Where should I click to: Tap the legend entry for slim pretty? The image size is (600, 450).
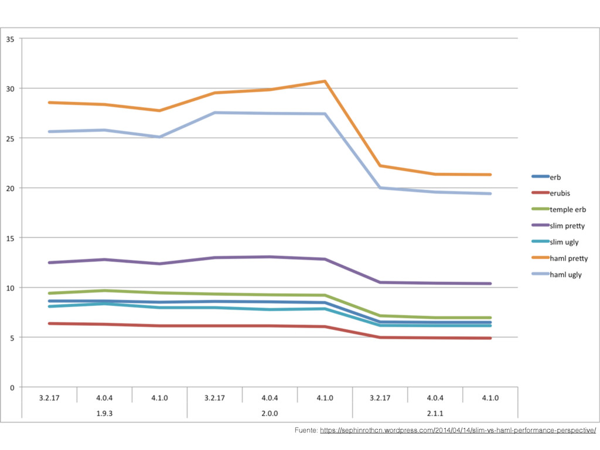tap(567, 226)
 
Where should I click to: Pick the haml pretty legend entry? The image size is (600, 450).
tap(568, 258)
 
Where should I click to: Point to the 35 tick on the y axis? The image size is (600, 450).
tap(11, 39)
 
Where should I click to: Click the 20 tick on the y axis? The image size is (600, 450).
tap(11, 188)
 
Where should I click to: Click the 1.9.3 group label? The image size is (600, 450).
tap(104, 413)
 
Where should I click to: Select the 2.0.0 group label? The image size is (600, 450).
tap(270, 413)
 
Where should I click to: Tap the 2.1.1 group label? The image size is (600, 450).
tap(435, 413)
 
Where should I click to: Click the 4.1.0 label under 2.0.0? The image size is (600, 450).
tap(325, 398)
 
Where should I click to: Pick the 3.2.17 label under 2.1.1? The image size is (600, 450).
tap(380, 398)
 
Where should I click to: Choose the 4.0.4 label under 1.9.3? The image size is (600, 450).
tap(104, 398)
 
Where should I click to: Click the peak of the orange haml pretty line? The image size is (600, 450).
tap(325, 81)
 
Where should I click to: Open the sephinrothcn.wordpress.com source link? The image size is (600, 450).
tap(458, 431)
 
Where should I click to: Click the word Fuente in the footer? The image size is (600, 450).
tap(306, 431)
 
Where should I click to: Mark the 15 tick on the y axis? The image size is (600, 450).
tap(11, 238)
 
